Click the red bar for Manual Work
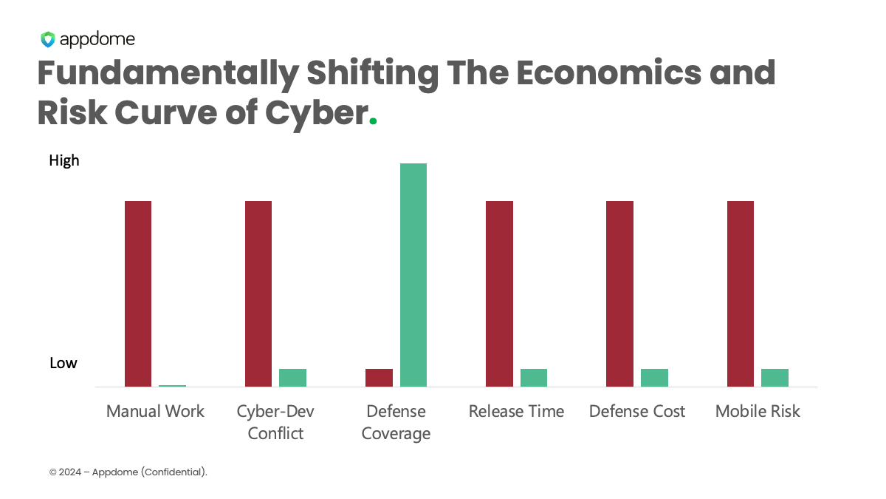(138, 293)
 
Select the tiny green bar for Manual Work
(172, 385)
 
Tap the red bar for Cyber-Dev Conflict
(258, 293)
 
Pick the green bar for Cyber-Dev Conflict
(292, 377)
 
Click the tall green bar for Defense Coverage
(413, 274)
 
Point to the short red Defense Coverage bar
(379, 377)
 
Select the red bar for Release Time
(499, 293)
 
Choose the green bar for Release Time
(534, 377)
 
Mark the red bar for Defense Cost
(619, 293)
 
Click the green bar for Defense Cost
(654, 377)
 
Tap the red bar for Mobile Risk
(741, 293)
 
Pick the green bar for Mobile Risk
(775, 377)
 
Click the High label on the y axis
(64, 160)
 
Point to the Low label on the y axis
(63, 363)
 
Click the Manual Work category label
(155, 411)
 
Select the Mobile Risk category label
(758, 411)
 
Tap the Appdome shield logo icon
(48, 39)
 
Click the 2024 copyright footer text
(128, 472)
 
